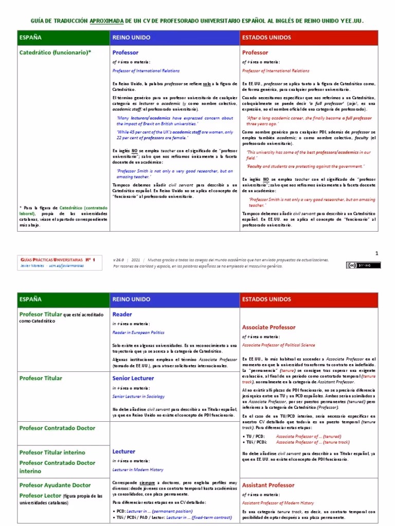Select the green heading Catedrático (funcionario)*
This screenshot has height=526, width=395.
tap(55, 52)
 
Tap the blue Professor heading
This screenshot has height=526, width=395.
tap(125, 52)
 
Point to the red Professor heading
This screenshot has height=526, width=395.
tap(255, 52)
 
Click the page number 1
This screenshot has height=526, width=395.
tap(376, 253)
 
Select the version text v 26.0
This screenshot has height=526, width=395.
tap(119, 260)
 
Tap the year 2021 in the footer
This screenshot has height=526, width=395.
tap(137, 260)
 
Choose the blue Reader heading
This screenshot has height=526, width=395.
tap(122, 314)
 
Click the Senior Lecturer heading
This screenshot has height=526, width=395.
tap(133, 378)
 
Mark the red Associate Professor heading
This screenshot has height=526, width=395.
tap(268, 327)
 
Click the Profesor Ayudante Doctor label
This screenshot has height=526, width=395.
tap(55, 485)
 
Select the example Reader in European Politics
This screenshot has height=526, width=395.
tap(138, 332)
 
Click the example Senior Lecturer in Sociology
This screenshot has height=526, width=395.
tap(137, 397)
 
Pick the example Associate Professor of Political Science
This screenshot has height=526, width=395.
tap(278, 345)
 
